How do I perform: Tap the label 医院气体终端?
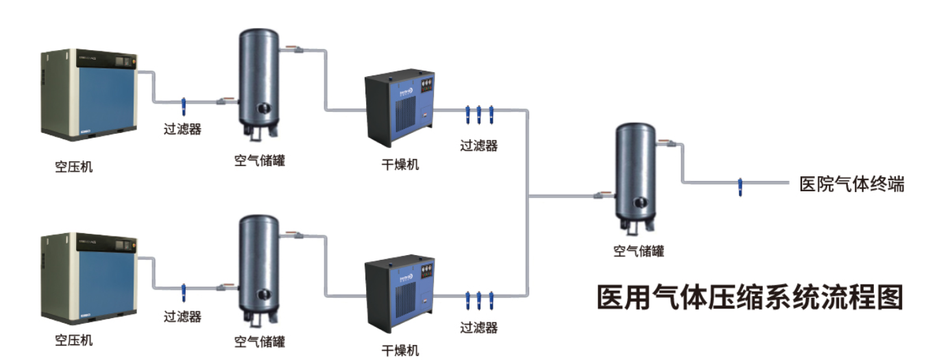[852, 184]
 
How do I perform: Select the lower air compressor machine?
[88, 278]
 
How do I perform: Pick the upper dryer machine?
[400, 108]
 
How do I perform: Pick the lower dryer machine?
[400, 292]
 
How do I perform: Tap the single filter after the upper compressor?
[183, 107]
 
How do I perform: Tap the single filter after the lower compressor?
[183, 291]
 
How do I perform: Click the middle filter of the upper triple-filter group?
[478, 115]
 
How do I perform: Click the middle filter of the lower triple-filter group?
[478, 300]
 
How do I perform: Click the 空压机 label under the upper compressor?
[73, 166]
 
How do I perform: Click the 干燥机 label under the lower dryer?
[400, 350]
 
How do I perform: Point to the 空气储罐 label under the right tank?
[638, 251]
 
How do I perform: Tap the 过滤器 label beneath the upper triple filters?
[478, 145]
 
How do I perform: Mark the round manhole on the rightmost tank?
[639, 202]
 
